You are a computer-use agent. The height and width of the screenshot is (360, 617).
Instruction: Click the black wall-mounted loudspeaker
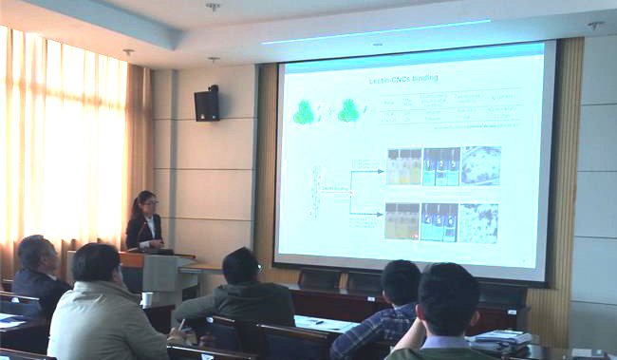(x=206, y=104)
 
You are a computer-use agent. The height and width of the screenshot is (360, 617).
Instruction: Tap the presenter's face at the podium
(x=147, y=204)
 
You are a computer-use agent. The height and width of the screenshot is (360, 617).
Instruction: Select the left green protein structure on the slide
(x=304, y=113)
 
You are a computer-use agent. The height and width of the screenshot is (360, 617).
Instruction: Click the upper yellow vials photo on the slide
(x=403, y=166)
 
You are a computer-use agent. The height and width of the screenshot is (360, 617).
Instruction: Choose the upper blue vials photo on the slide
(x=441, y=166)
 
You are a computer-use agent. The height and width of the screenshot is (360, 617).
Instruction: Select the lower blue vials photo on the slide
(x=439, y=222)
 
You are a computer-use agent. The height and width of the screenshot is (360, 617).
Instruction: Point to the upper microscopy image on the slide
(x=481, y=165)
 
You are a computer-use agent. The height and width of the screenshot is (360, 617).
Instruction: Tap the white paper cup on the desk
(x=147, y=298)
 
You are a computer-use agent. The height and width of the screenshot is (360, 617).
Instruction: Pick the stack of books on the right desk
(x=502, y=336)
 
